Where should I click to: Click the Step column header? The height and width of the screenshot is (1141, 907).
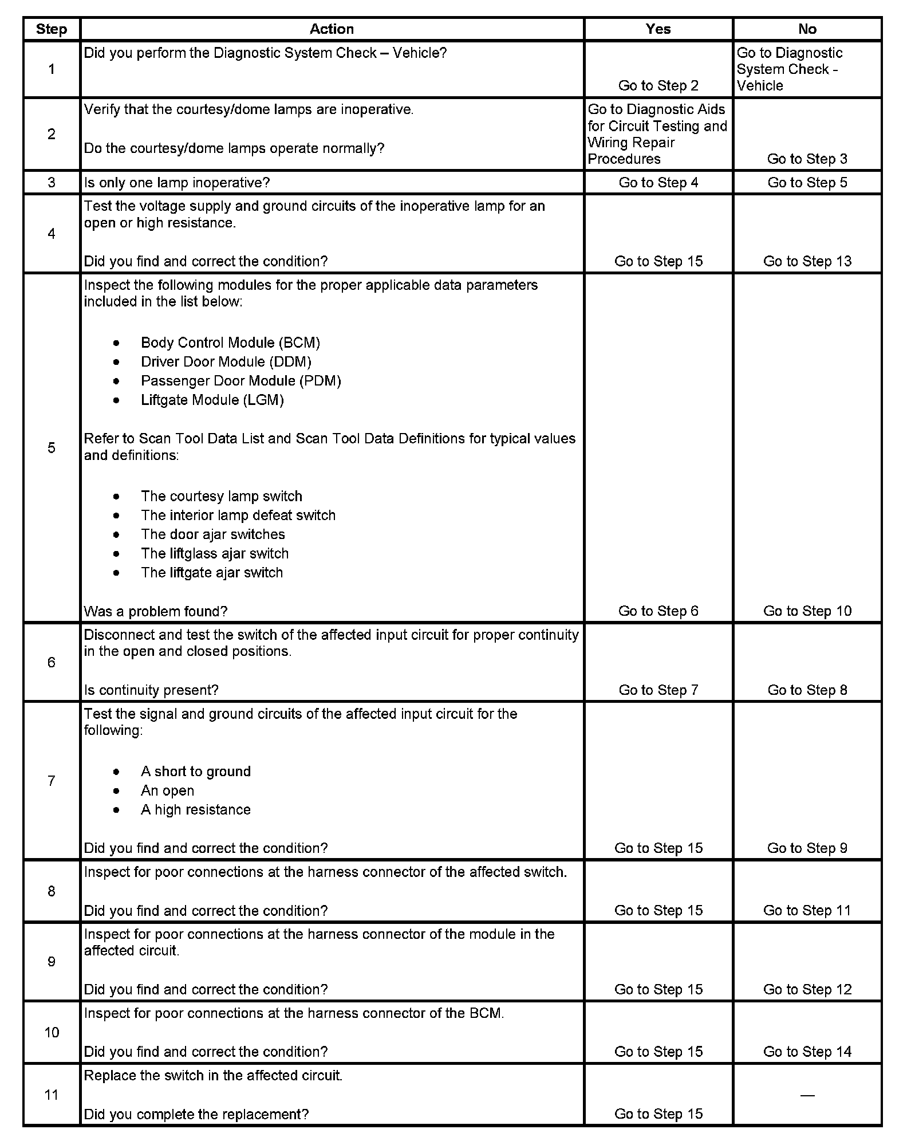point(52,29)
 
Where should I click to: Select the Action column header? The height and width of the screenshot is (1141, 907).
point(332,29)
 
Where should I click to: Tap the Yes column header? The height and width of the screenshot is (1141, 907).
point(658,29)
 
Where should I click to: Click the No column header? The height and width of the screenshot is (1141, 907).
point(807,29)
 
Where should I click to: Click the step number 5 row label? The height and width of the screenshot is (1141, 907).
point(52,448)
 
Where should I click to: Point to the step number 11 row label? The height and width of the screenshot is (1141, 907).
point(52,1095)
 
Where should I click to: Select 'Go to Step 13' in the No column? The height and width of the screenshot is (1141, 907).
point(807,261)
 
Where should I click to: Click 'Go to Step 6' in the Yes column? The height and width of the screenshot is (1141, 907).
point(658,611)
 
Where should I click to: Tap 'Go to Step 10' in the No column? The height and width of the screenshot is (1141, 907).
point(807,611)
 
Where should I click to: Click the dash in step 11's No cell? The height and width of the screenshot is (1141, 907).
point(807,1095)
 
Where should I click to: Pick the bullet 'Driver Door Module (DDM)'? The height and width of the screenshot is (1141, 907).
point(226,362)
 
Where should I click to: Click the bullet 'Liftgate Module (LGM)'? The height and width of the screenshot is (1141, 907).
point(212,400)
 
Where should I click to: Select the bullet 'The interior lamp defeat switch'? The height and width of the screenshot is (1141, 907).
point(238,515)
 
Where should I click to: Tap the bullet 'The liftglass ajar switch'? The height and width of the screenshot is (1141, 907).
point(215,553)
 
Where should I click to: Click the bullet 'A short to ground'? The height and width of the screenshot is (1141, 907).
point(196,772)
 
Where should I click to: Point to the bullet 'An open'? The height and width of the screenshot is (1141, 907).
point(167,790)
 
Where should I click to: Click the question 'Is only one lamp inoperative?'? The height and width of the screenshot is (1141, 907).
point(177,183)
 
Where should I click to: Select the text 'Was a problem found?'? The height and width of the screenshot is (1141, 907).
point(156,611)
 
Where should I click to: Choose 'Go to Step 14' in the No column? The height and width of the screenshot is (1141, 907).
point(807,1052)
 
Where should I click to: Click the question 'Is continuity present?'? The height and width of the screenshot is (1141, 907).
point(151,690)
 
